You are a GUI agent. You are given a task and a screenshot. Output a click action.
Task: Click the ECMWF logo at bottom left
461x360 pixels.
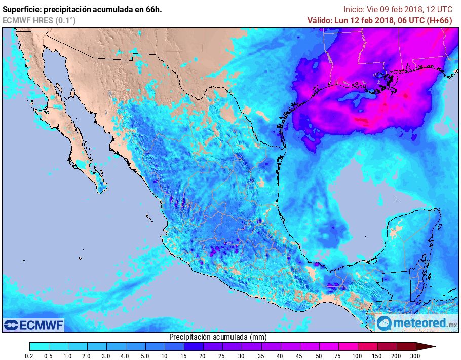click(x=33, y=325)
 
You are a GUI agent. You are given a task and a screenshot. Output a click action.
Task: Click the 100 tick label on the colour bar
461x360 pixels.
click(x=358, y=356)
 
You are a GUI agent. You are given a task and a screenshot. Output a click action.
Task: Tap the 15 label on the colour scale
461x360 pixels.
click(x=183, y=356)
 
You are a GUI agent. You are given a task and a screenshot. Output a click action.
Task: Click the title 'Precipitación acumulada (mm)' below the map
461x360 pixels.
click(x=217, y=337)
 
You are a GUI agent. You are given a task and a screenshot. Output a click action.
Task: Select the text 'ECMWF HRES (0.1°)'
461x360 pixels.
click(x=39, y=20)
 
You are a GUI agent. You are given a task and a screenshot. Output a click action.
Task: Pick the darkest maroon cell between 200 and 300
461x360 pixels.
click(x=406, y=346)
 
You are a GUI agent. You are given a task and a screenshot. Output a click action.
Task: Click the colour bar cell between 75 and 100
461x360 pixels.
click(x=348, y=346)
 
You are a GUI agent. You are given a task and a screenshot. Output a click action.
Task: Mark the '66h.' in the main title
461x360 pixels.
click(x=153, y=9)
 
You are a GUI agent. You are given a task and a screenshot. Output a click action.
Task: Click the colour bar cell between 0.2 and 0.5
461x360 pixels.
click(x=39, y=346)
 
